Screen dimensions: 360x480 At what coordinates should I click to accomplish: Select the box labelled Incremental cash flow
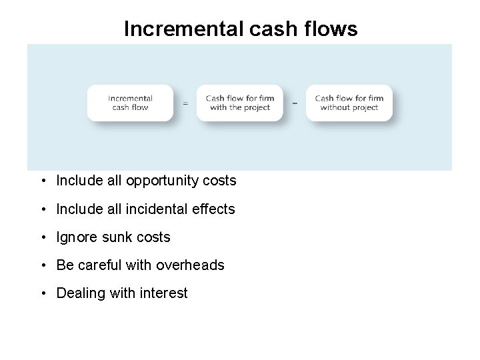[130, 103]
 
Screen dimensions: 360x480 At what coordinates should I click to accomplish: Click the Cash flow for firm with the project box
[239, 103]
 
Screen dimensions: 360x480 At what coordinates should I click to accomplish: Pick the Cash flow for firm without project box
[349, 103]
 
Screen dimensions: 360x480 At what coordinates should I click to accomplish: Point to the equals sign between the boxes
[185, 104]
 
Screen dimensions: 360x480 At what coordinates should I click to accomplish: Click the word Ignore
[77, 237]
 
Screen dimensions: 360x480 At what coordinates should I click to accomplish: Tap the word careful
[100, 265]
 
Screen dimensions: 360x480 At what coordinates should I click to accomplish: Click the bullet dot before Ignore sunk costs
[43, 238]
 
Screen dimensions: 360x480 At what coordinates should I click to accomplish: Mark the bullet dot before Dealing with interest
[43, 294]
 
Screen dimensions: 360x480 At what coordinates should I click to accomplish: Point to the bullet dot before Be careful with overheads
[43, 266]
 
